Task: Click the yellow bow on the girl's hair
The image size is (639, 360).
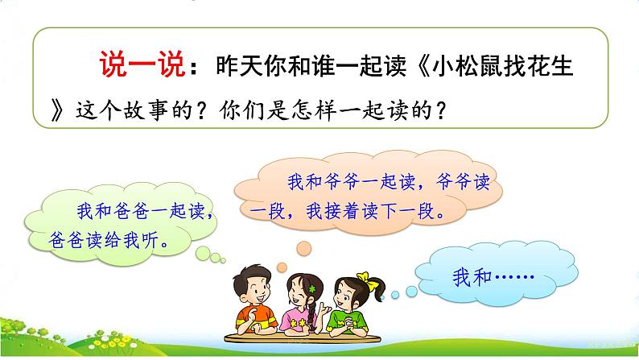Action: (x=369, y=281)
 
